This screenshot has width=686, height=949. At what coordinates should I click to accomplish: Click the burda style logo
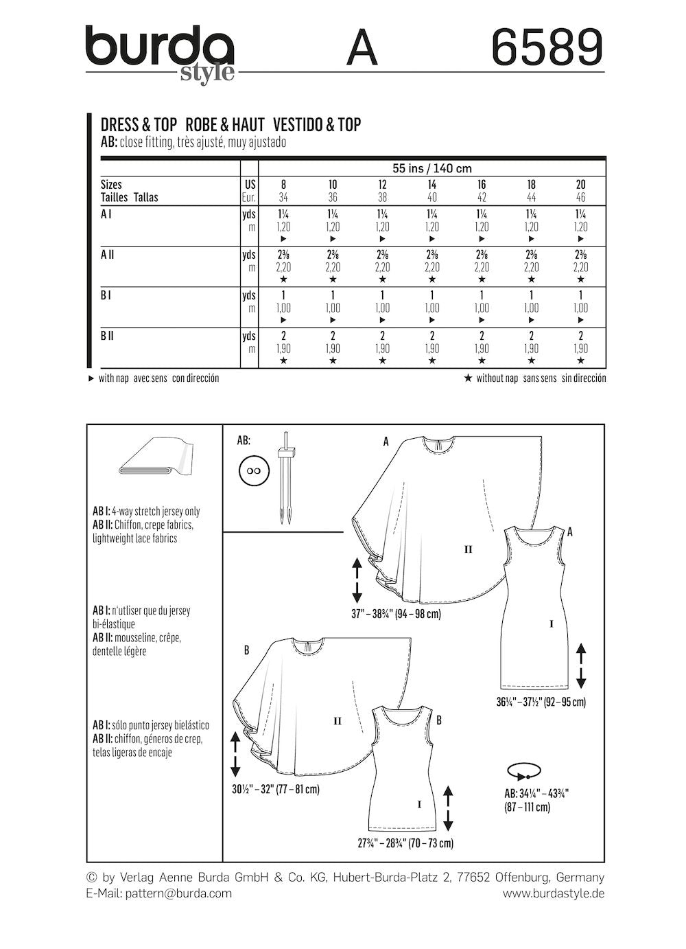[159, 53]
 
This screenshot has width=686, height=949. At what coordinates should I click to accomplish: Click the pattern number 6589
[547, 47]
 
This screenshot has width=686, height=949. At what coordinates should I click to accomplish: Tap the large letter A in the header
[362, 48]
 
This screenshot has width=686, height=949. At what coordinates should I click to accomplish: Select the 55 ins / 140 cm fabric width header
[431, 168]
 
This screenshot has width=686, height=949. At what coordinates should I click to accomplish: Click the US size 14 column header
[431, 184]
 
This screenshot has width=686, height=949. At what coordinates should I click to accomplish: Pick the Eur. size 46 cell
[580, 197]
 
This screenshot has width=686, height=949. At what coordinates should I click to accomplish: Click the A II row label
[108, 254]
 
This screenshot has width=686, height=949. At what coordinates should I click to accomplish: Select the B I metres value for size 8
[283, 308]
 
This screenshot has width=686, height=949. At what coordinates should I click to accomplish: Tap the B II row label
[107, 336]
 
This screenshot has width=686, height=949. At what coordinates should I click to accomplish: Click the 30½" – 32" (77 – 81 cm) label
[276, 790]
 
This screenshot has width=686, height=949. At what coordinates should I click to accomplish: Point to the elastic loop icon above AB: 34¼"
[523, 771]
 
